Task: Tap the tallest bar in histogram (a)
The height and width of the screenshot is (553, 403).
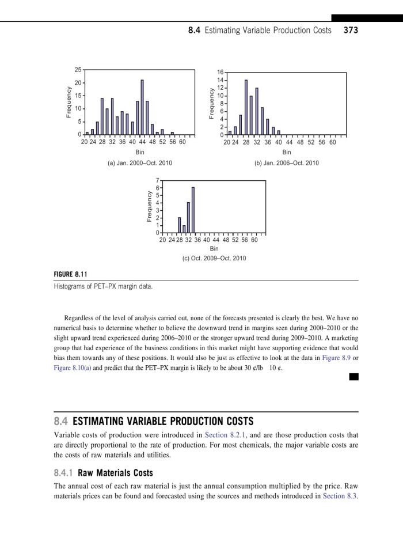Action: (142, 107)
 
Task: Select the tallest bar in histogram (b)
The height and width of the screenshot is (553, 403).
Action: (246, 107)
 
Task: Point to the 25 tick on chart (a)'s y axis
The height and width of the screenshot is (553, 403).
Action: (77, 70)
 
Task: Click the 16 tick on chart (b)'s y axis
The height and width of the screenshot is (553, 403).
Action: (220, 73)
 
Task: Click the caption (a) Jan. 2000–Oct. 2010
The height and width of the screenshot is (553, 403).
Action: (140, 163)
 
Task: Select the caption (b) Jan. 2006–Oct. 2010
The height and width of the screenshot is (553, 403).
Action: (286, 163)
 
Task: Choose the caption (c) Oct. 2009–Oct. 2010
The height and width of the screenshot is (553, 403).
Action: (214, 258)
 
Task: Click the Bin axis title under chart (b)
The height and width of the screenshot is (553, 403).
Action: (286, 153)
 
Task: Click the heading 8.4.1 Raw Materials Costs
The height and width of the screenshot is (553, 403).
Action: (100, 473)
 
